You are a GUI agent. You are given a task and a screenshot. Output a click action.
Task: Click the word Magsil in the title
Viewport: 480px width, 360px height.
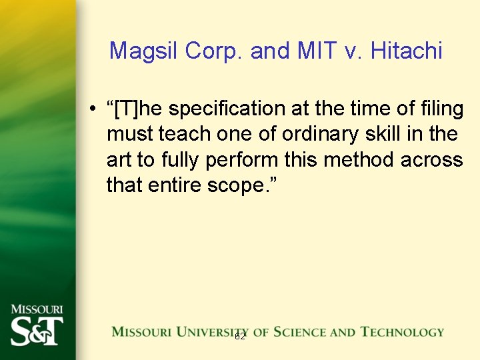(141, 51)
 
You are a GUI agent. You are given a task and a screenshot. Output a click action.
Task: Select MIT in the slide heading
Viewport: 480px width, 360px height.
(313, 51)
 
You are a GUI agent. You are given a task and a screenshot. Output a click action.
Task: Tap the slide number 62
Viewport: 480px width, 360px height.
(240, 337)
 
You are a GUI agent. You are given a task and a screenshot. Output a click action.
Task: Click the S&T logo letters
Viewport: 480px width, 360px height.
(37, 331)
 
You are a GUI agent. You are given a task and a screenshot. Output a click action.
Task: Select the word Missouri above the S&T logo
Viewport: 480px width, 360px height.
(37, 310)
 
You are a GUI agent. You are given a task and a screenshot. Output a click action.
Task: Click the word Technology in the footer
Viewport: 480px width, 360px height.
(402, 331)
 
